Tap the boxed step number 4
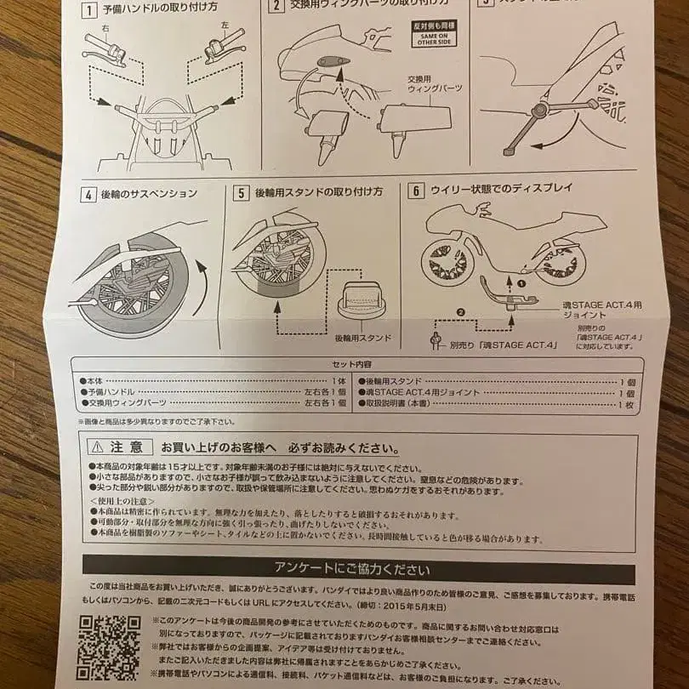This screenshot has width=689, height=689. (x=88, y=193)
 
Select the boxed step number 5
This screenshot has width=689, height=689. (x=241, y=193)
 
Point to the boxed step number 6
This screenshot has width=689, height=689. (x=416, y=189)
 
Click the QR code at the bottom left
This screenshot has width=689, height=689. (x=109, y=646)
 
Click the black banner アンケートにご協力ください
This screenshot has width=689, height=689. (x=358, y=570)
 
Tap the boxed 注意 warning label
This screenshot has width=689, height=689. (x=119, y=447)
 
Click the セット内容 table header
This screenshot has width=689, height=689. (x=358, y=363)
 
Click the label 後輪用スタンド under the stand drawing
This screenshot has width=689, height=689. (x=362, y=338)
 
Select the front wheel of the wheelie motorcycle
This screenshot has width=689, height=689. (x=447, y=261)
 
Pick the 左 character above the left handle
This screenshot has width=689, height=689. (x=224, y=26)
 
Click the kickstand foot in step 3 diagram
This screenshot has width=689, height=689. (x=510, y=151)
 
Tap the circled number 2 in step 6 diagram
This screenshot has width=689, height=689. (x=461, y=312)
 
